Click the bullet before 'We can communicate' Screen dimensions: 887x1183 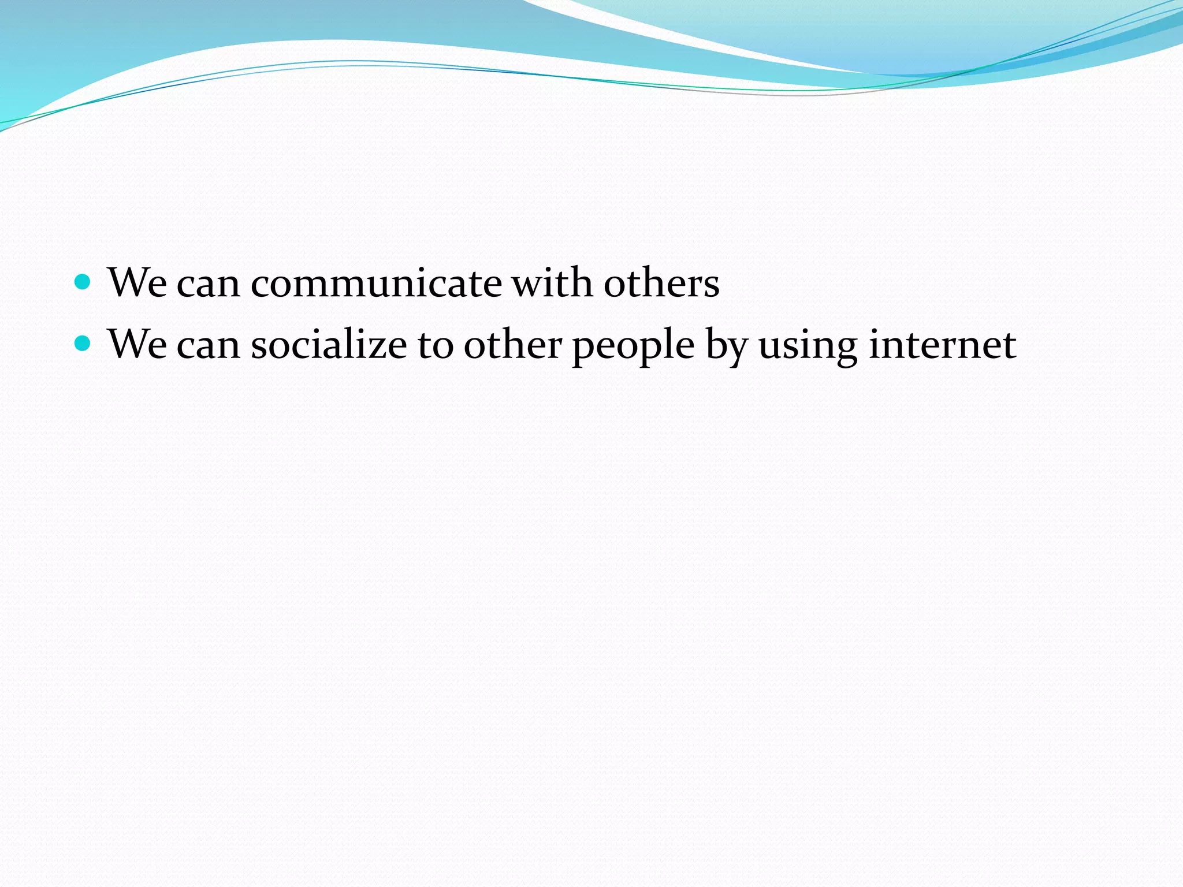(x=83, y=282)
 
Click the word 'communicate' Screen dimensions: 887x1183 (x=376, y=284)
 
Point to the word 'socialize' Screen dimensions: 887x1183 (x=329, y=345)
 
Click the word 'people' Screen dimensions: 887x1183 (x=633, y=346)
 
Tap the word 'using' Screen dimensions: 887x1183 (x=808, y=346)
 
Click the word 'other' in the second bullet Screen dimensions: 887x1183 (x=512, y=345)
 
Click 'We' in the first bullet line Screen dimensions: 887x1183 (x=137, y=282)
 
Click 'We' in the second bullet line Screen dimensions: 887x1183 (x=137, y=345)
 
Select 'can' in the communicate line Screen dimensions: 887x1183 (x=208, y=285)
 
